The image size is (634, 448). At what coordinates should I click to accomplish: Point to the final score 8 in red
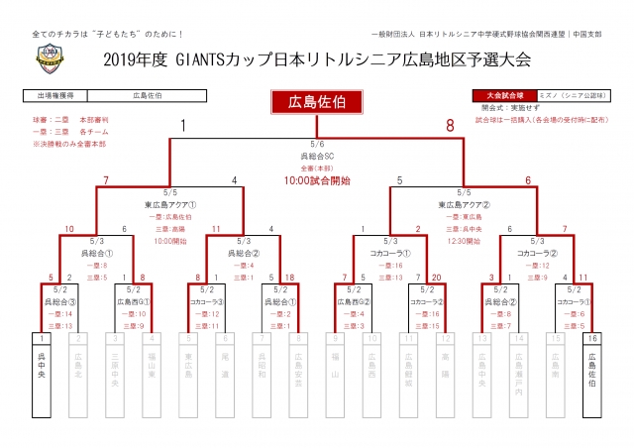pos(450,126)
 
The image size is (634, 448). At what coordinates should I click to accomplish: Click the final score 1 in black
pos(183,126)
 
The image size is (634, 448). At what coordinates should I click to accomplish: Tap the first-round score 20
pos(438,279)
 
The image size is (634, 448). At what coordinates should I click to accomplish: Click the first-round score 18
pos(289,279)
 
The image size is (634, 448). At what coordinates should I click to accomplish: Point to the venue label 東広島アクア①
pos(170,205)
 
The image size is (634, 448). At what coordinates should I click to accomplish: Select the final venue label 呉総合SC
pos(316,157)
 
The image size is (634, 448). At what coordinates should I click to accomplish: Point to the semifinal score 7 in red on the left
pos(106,181)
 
